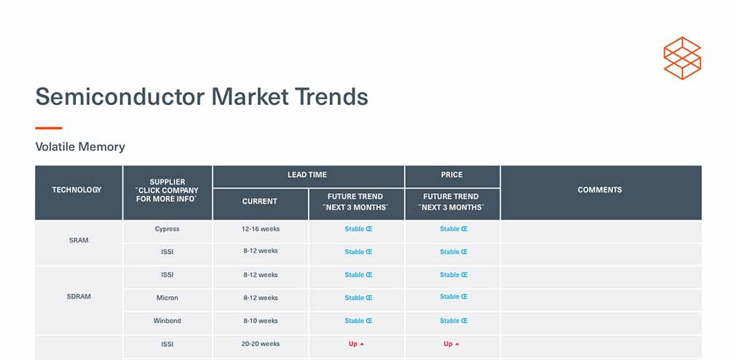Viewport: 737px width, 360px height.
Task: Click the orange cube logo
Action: click(x=682, y=58)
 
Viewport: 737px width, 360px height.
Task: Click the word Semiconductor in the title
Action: click(x=120, y=97)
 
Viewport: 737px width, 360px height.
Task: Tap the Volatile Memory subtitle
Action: click(x=80, y=146)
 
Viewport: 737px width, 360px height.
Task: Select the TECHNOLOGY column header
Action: click(x=76, y=189)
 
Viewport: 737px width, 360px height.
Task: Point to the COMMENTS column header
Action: click(x=600, y=189)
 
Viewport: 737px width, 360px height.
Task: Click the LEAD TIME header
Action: click(x=307, y=175)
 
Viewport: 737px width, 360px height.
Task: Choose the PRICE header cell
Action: click(x=452, y=175)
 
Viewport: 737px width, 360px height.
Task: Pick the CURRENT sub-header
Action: click(x=259, y=201)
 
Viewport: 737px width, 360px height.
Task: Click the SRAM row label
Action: click(x=79, y=240)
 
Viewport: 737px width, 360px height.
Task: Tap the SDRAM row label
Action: click(x=79, y=297)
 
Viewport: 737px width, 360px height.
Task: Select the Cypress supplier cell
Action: click(x=167, y=229)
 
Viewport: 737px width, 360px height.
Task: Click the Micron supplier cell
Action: click(x=167, y=298)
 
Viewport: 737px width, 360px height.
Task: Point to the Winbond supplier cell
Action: click(x=167, y=321)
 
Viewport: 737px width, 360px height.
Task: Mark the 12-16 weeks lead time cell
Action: click(x=261, y=229)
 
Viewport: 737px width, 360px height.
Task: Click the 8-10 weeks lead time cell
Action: click(x=261, y=321)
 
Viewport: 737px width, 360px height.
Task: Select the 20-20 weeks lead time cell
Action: click(x=261, y=344)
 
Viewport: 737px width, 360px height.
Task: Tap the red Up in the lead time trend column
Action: click(x=356, y=344)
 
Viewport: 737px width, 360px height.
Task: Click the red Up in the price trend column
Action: click(x=452, y=344)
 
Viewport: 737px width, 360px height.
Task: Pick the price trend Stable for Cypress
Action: click(x=454, y=229)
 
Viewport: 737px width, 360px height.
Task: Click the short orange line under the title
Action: click(x=48, y=128)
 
